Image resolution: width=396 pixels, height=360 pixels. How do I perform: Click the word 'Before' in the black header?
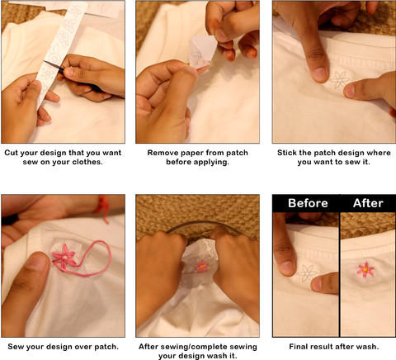308,203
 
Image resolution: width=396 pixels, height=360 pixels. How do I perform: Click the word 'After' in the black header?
368,203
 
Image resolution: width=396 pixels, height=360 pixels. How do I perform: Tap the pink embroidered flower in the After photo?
365,269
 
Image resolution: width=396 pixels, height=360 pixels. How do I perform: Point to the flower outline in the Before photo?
307,273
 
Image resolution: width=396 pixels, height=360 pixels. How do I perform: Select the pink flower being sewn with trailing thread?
64,256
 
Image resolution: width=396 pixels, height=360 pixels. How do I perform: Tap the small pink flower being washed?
202,266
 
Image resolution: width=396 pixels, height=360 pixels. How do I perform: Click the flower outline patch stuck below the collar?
339,79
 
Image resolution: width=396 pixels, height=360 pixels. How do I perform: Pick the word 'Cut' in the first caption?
12,153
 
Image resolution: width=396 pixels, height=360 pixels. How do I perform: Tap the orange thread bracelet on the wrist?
103,206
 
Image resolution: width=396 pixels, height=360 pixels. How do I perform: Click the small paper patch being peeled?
202,52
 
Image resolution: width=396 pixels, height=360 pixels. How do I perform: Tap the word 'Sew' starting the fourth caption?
14,347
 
